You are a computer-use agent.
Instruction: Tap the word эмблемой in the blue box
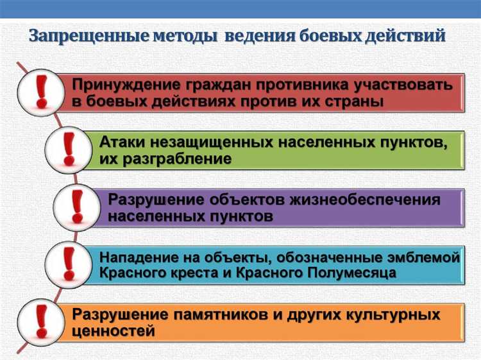click(x=426, y=257)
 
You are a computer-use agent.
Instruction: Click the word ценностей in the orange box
click(x=114, y=331)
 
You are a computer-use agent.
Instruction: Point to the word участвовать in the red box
click(x=401, y=85)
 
